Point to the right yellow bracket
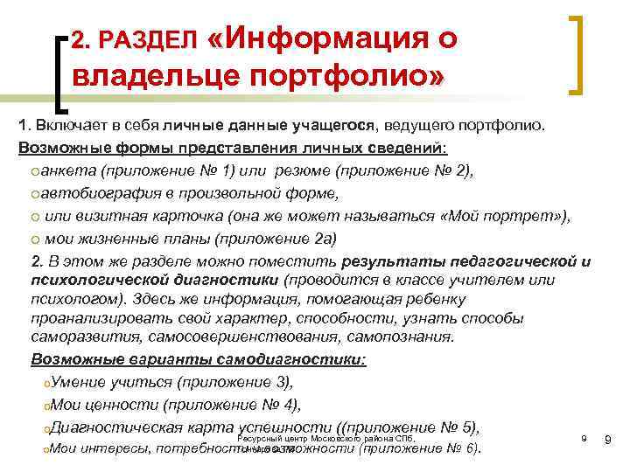(577, 53)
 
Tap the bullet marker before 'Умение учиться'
(45, 382)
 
